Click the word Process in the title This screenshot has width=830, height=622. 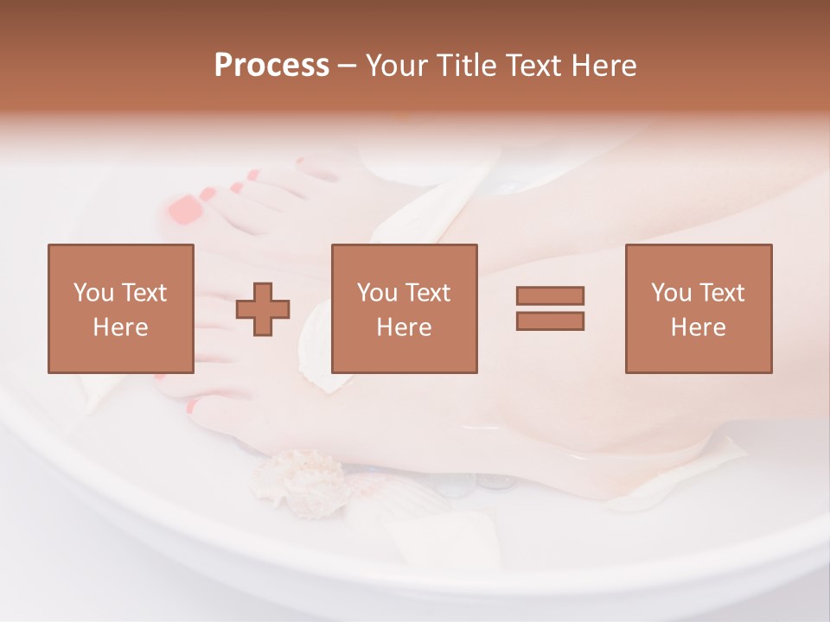[271, 66]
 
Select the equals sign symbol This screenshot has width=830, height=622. [550, 308]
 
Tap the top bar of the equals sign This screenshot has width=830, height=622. [550, 296]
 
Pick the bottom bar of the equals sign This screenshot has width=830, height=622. [550, 321]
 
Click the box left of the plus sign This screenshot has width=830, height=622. [120, 308]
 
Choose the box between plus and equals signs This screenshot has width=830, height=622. [404, 308]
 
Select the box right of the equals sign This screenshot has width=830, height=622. [698, 308]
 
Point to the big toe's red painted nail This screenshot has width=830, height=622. [185, 209]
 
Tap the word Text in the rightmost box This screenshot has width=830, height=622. [720, 293]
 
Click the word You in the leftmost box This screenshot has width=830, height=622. [93, 293]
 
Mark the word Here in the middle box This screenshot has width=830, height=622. [404, 327]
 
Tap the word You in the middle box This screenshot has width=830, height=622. [376, 293]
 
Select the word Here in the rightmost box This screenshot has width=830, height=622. [698, 327]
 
